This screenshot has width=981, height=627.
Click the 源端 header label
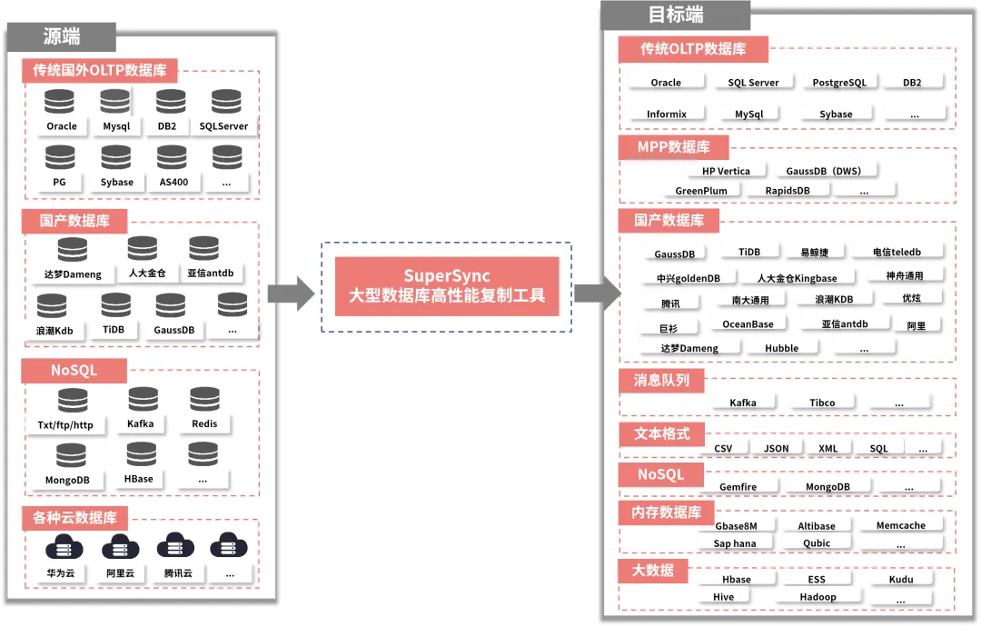62,37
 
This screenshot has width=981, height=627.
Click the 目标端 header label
675,15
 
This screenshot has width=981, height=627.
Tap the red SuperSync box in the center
447,285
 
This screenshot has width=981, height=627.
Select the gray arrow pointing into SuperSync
291,293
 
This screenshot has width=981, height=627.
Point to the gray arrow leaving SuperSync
597,293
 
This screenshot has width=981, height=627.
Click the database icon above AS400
173,157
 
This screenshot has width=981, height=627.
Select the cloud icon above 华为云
63,547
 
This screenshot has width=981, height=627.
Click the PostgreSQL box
839,83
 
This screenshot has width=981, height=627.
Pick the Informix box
667,114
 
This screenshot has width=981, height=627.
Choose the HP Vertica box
726,171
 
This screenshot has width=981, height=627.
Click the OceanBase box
748,324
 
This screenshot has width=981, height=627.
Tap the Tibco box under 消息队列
822,403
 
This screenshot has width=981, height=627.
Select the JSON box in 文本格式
776,449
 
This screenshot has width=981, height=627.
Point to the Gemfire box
738,487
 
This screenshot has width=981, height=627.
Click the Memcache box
900,525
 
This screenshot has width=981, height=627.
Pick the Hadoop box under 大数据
817,597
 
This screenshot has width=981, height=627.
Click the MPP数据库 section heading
673,147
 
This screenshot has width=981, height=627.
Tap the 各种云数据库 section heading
75,519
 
